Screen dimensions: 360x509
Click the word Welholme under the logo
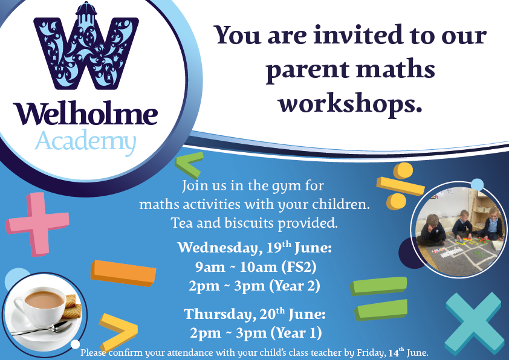coord(85,114)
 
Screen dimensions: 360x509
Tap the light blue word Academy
coord(85,141)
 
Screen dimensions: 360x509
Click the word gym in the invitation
coord(275,185)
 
